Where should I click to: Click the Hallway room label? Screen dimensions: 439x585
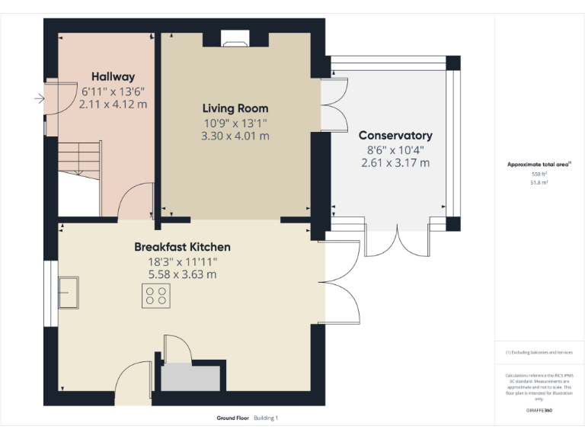pos(113,76)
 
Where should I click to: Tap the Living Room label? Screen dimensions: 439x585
pos(235,108)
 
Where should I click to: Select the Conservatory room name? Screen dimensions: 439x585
pos(395,136)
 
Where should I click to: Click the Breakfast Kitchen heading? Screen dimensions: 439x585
pos(182,247)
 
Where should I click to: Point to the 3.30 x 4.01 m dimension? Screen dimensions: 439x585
pos(235,136)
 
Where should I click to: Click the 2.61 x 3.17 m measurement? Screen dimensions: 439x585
pos(395,162)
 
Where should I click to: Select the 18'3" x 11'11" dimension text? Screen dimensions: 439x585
pos(182,261)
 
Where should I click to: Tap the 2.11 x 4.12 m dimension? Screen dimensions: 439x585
pos(113,104)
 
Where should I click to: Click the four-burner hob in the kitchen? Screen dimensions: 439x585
pos(156,296)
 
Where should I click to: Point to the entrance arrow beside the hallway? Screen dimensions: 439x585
pos(39,98)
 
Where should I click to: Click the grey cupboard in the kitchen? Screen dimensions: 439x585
pos(190,377)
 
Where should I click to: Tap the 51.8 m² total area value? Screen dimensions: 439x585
pos(539,183)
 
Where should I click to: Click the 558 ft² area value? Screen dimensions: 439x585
pos(539,175)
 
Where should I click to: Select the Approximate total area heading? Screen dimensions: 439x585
pos(539,165)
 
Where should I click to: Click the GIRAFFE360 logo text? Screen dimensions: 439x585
pos(539,410)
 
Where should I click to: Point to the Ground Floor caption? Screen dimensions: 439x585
pos(233,418)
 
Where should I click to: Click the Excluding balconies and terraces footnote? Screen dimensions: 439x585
pos(539,352)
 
